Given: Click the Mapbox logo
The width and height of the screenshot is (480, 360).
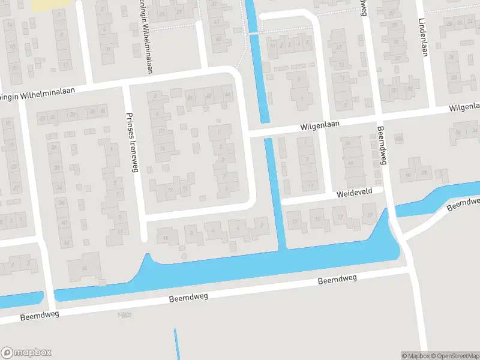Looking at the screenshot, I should (x=26, y=353).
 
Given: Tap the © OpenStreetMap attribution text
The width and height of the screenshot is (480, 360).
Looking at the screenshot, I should (x=455, y=356).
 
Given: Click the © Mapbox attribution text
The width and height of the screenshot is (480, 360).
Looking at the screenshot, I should (x=415, y=356).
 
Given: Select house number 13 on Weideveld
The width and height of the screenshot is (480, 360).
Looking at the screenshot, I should (x=295, y=221).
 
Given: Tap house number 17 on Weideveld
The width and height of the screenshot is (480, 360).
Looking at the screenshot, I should (x=341, y=217).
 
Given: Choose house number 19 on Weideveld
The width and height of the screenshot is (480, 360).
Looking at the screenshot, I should (x=369, y=214).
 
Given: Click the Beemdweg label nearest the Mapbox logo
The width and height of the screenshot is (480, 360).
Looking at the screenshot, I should (x=40, y=316).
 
